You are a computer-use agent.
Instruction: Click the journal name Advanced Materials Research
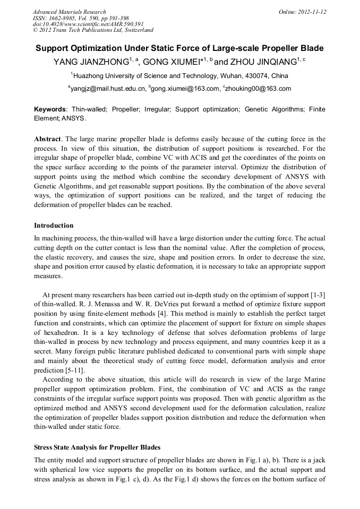(69, 12)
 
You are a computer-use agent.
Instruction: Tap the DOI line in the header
(88, 24)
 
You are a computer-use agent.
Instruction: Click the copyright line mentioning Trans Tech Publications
(93, 30)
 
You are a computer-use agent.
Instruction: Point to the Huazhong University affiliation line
(181, 76)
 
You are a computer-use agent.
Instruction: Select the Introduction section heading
(54, 226)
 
